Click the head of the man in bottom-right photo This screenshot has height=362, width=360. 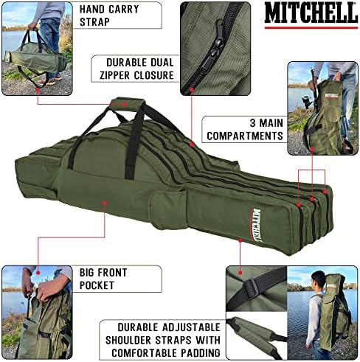coord(317,279)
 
